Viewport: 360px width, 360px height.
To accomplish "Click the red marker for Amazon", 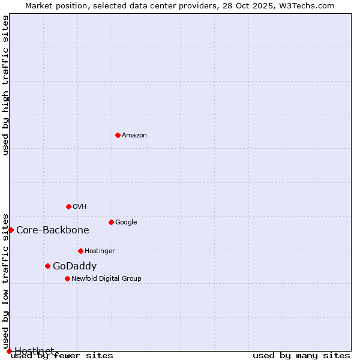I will point(118,135).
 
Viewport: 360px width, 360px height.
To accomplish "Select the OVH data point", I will point(68,206).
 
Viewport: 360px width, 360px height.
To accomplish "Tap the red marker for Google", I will point(111,222).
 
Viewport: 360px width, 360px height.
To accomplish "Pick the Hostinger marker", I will point(80,251).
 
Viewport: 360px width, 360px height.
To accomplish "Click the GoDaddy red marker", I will point(47,266).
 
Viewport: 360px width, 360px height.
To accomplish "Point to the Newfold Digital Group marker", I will point(67,278).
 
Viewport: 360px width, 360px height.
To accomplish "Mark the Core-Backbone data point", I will point(11,230).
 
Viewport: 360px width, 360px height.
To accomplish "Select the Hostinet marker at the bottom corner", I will point(9,351).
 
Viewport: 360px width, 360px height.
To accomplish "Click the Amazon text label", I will point(134,135).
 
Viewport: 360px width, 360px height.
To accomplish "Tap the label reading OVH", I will point(80,206).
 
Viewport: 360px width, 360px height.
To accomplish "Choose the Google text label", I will point(126,222).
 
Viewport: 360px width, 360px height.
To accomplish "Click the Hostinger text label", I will point(100,251).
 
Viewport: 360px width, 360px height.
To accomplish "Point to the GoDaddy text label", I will point(74,266).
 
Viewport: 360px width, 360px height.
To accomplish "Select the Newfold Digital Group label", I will point(106,278).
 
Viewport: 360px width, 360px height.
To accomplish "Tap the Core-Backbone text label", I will point(53,230).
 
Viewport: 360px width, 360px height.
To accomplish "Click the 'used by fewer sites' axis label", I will point(62,355).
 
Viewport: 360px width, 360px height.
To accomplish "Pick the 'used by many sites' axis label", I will point(301,355).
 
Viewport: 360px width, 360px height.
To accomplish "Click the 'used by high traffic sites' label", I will point(6,85).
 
